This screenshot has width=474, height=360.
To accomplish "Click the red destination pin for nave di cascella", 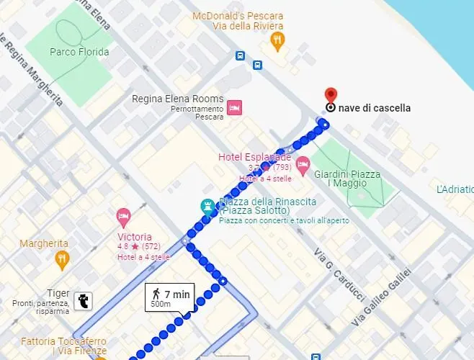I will point(331,94).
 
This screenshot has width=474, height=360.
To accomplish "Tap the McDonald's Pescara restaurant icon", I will point(277,41).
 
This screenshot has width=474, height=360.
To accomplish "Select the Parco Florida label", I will point(79,52).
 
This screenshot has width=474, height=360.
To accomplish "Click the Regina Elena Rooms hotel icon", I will point(234,108).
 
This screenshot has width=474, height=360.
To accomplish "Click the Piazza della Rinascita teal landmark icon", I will point(208,206).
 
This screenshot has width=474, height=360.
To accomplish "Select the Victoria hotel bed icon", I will point(123,215).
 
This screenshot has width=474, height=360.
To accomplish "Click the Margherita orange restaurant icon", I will point(63,259).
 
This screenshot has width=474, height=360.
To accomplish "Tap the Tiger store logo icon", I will point(84,301).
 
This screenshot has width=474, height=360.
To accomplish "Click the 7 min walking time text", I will point(176,294).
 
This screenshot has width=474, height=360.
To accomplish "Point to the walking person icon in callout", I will point(156,294).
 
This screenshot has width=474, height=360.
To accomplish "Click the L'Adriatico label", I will point(455,189).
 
